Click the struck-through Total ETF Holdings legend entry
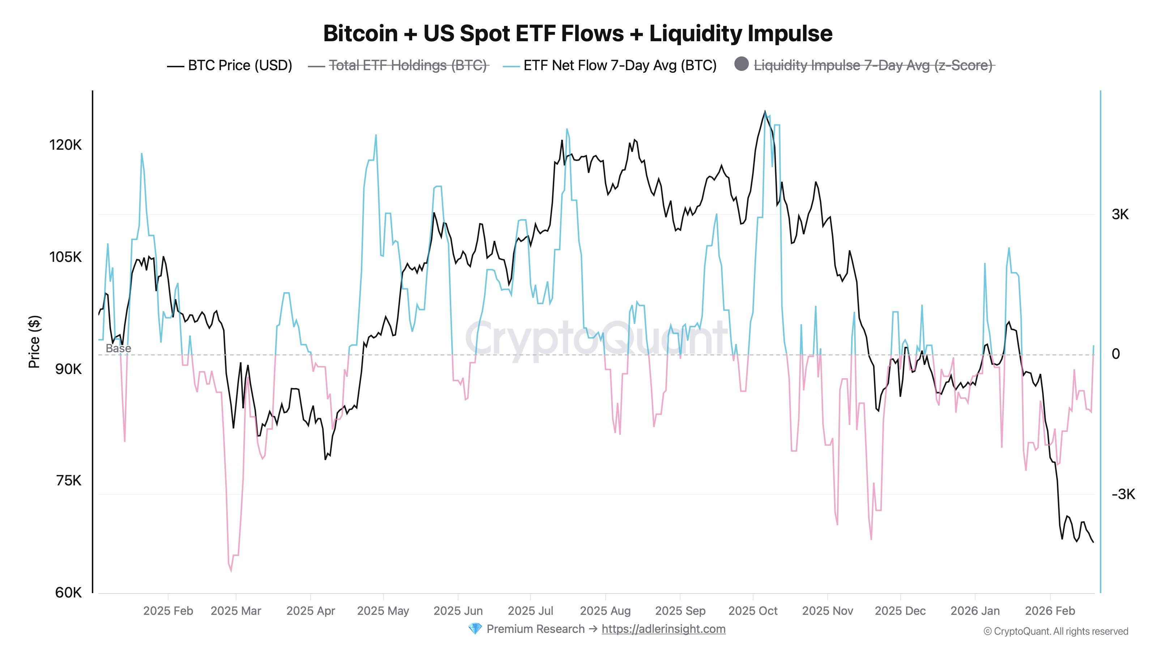point(407,65)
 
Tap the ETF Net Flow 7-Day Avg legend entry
point(619,65)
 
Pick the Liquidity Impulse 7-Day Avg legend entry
point(873,65)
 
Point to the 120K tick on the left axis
point(65,145)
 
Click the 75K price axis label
point(69,481)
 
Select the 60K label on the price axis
point(68,593)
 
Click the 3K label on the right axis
point(1120,214)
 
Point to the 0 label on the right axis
point(1116,354)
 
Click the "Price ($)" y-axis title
point(34,341)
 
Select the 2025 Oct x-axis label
point(753,611)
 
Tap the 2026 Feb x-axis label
point(1050,611)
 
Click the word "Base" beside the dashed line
point(118,348)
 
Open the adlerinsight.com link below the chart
point(663,629)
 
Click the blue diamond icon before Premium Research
point(474,629)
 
